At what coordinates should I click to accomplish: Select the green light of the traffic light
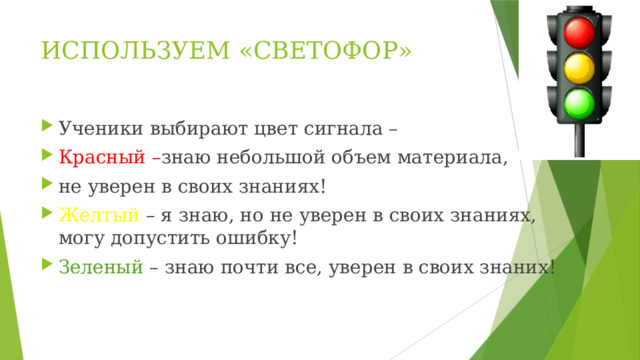tap(581, 103)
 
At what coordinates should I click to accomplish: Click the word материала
tap(453, 156)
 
